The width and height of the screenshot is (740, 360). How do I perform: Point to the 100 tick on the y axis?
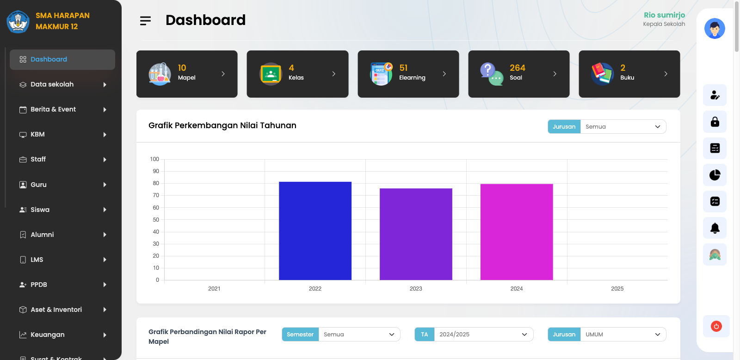click(154, 159)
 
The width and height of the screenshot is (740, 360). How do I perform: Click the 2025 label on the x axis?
click(617, 289)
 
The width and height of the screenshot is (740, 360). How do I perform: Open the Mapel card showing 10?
click(187, 74)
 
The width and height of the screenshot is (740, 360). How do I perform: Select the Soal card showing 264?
click(518, 74)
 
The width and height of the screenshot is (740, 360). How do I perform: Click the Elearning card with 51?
click(408, 74)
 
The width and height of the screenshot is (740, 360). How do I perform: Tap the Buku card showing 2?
click(629, 74)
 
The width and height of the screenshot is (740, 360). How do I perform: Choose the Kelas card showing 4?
click(297, 74)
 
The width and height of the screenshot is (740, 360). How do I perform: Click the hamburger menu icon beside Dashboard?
click(145, 20)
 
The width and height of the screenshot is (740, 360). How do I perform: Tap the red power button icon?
click(716, 326)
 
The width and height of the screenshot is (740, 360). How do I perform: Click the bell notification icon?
click(715, 228)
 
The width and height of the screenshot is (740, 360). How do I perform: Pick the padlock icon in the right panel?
click(715, 122)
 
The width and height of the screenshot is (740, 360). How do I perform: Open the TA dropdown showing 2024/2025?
click(483, 335)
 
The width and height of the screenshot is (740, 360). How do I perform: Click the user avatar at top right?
click(715, 29)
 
